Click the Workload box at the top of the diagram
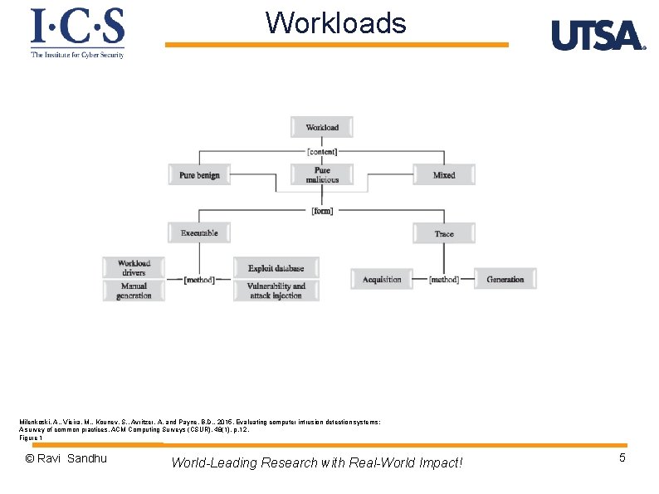[322, 127]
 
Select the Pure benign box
[199, 175]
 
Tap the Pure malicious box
[322, 174]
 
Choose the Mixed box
[444, 175]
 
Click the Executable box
[199, 233]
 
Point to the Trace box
[444, 233]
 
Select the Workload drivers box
[134, 267]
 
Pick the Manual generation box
[134, 291]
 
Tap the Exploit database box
[276, 268]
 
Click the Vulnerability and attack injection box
[276, 291]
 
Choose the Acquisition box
[382, 279]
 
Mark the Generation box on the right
[505, 279]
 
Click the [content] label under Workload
[322, 151]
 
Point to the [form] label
[322, 210]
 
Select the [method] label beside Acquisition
[444, 279]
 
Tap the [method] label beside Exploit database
[199, 280]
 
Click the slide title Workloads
[336, 23]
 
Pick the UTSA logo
[598, 36]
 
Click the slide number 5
[622, 457]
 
